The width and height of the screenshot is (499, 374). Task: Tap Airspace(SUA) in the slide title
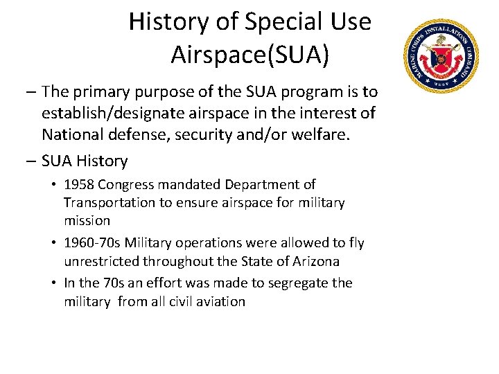point(249,55)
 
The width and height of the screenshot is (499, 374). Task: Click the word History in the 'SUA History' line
point(103,161)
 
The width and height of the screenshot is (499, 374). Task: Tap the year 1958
point(79,185)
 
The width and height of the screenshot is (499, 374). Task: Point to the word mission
point(87,221)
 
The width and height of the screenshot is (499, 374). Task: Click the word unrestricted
point(101,261)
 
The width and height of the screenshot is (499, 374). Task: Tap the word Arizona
point(315,261)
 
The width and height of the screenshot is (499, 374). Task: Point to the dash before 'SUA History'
point(30,161)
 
